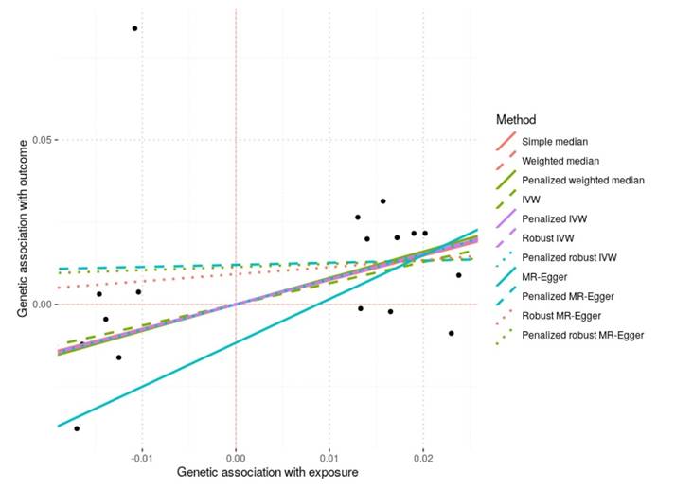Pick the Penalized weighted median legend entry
coord(583,180)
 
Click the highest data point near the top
coord(134,28)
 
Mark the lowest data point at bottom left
coord(77,428)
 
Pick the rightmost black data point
coord(459,275)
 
